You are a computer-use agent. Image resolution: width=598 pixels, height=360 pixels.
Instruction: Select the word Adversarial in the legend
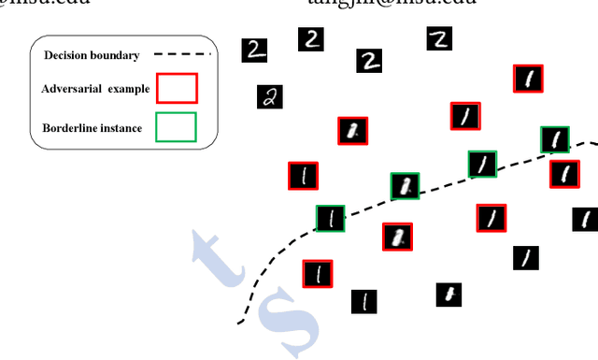[73, 88]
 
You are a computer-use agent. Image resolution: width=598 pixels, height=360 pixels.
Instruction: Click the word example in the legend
[126, 88]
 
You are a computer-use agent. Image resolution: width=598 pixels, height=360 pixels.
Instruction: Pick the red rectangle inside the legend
[177, 89]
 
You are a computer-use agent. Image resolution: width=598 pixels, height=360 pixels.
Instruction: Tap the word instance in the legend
[121, 127]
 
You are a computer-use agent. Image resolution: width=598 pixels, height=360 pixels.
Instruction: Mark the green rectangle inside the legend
[177, 127]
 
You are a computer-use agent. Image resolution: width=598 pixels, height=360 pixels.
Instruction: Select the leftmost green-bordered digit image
[330, 219]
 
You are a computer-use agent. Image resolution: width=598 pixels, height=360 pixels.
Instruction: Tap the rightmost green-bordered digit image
[555, 140]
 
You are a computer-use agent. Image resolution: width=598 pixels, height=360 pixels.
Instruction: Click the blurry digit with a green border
[405, 186]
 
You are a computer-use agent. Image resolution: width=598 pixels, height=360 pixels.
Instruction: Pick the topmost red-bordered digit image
[529, 79]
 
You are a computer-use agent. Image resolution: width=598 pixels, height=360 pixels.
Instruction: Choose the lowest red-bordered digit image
[318, 274]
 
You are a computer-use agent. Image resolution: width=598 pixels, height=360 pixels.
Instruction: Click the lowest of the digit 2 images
[269, 97]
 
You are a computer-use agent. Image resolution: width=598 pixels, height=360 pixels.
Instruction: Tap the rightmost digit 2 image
[439, 37]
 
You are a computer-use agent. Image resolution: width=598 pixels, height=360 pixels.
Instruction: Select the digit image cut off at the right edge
[585, 221]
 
